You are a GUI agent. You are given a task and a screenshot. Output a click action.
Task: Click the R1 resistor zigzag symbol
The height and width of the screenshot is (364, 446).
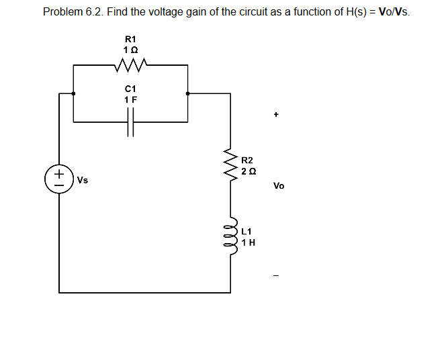tap(130, 66)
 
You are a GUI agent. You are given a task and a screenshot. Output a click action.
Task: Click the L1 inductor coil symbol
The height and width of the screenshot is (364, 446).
tap(233, 236)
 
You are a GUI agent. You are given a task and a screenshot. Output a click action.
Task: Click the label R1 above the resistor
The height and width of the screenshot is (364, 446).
tap(130, 40)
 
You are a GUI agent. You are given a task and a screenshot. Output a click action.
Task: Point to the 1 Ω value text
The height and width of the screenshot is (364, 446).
tap(130, 51)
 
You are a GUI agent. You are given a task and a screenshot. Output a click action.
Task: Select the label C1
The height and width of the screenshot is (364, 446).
tap(130, 89)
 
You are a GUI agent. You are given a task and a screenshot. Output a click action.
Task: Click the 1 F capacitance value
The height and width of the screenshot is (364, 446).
tap(130, 99)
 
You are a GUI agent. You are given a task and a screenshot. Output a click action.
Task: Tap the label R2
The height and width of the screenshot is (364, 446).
tap(247, 161)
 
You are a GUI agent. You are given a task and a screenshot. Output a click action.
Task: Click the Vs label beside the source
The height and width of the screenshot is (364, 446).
tap(83, 181)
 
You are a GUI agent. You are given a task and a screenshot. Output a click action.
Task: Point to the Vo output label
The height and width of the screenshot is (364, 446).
tap(279, 186)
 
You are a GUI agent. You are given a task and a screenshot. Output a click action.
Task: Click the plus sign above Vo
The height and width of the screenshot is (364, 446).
tap(275, 115)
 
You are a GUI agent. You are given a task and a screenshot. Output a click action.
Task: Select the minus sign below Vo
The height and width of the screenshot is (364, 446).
tap(275, 275)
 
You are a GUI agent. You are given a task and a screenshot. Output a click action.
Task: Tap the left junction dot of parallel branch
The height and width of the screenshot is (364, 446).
tap(73, 94)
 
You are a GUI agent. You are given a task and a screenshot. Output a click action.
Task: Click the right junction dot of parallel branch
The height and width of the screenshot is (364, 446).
tap(187, 94)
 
